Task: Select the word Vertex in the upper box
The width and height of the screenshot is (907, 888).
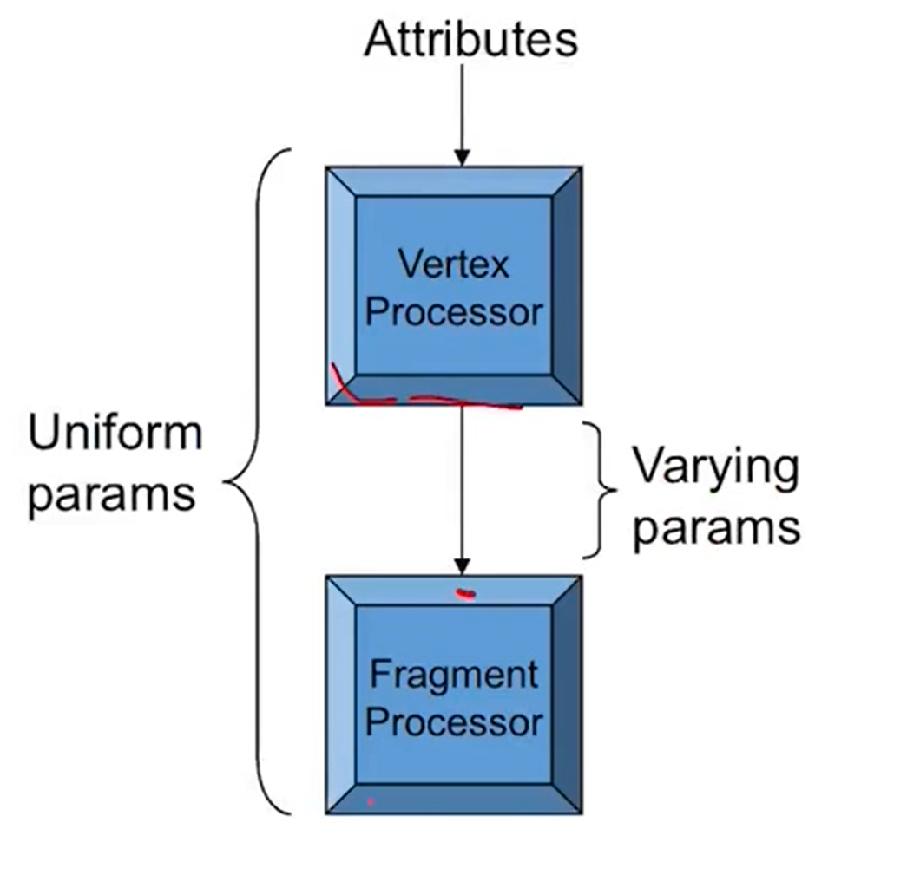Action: click(453, 264)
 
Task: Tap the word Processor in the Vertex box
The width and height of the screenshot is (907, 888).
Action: click(453, 312)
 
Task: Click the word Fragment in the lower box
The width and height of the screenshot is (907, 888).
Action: click(453, 674)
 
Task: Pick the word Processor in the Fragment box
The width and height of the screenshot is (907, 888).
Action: click(453, 721)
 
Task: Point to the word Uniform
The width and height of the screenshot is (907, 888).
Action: click(115, 433)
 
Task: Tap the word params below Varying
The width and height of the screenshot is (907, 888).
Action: click(715, 527)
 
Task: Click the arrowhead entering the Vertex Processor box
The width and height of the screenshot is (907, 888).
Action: click(462, 158)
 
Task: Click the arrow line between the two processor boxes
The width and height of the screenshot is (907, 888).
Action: click(462, 486)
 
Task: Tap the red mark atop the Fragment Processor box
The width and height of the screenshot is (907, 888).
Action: click(467, 594)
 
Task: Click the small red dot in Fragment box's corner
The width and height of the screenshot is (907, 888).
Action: click(371, 802)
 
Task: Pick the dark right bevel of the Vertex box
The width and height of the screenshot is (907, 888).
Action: click(567, 286)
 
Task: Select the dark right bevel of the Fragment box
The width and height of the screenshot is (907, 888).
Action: click(567, 695)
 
